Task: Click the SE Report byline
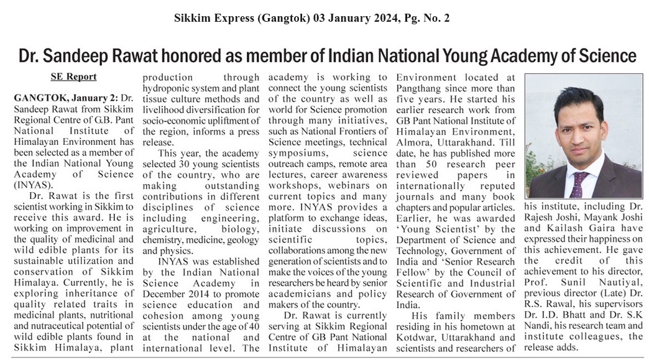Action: tap(73, 77)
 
